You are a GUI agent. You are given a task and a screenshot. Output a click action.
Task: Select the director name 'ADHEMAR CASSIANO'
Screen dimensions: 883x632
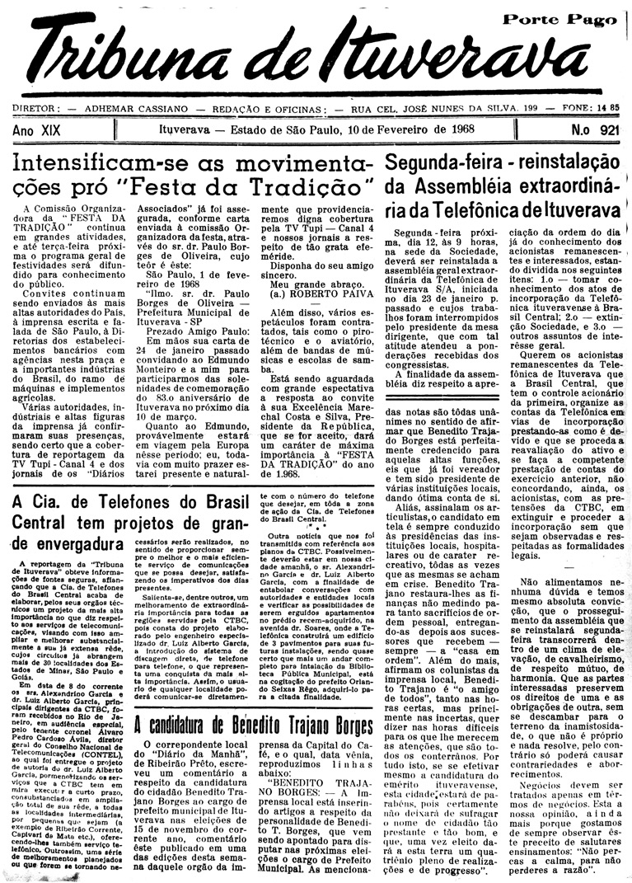(x=131, y=108)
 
